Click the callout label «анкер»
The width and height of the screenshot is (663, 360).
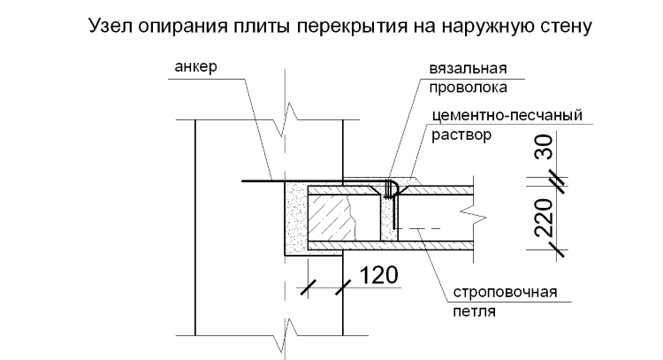[x=195, y=67]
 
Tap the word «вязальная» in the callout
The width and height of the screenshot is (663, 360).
[x=468, y=69]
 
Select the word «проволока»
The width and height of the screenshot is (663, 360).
[x=468, y=88]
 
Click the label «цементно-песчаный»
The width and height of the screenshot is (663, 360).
[x=507, y=116]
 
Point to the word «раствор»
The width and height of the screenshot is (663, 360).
[x=461, y=135]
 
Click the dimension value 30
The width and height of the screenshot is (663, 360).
[x=545, y=147]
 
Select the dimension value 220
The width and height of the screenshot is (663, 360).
[x=545, y=218]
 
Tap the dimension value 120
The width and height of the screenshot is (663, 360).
[x=378, y=275]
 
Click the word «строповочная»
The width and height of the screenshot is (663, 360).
[x=506, y=292]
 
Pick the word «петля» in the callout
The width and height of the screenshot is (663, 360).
[x=474, y=311]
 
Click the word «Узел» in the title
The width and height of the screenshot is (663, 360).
[x=110, y=26]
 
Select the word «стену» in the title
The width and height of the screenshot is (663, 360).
[x=566, y=27]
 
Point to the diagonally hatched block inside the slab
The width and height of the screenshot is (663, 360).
[x=330, y=218]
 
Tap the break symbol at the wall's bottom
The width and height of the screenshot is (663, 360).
[x=286, y=335]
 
